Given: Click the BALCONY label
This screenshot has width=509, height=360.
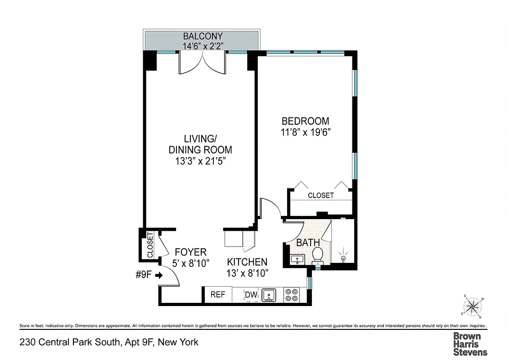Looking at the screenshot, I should click(202, 36).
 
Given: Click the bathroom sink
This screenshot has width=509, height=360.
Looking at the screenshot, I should click(297, 259).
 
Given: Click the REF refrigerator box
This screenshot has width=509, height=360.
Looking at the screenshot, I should click(217, 295).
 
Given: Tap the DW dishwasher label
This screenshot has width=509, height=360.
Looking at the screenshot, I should click(251, 295).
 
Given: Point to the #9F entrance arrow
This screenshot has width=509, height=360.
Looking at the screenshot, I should click(158, 275).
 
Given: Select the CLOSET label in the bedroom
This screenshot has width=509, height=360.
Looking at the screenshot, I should click(320, 195).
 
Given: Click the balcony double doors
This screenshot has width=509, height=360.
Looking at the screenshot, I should click(202, 64).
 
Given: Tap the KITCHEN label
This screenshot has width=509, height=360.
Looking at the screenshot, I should click(247, 262).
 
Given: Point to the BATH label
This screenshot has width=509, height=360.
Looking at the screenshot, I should click(308, 243).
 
